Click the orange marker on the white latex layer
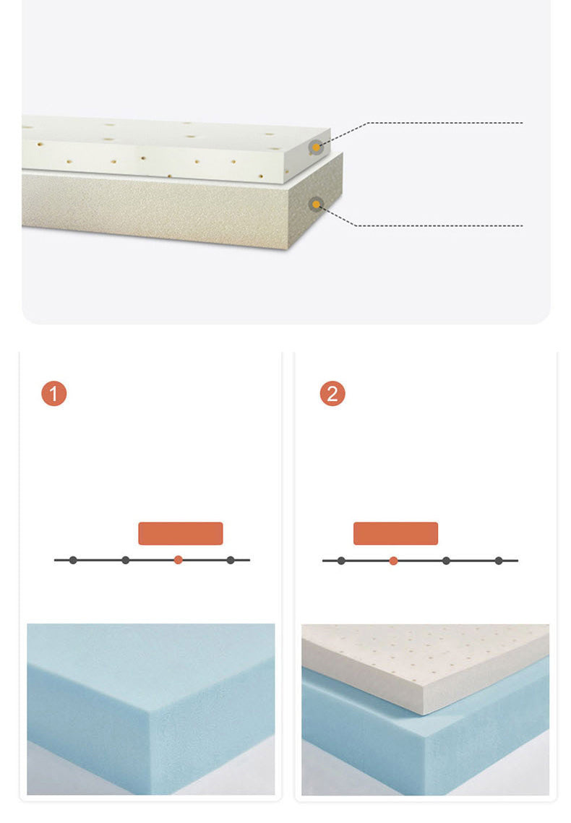point(316,147)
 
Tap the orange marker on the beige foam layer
point(316,204)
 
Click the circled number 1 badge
point(54,394)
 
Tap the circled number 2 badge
point(332,394)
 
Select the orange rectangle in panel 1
point(181,533)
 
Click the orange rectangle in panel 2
point(395,533)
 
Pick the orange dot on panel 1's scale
point(179,560)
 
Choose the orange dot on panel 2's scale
point(394,561)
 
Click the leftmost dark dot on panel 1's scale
point(73,560)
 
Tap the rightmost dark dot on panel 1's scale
point(231,560)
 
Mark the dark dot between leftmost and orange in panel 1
point(126,560)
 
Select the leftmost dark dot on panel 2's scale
point(341,561)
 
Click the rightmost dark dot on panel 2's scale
point(499,561)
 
